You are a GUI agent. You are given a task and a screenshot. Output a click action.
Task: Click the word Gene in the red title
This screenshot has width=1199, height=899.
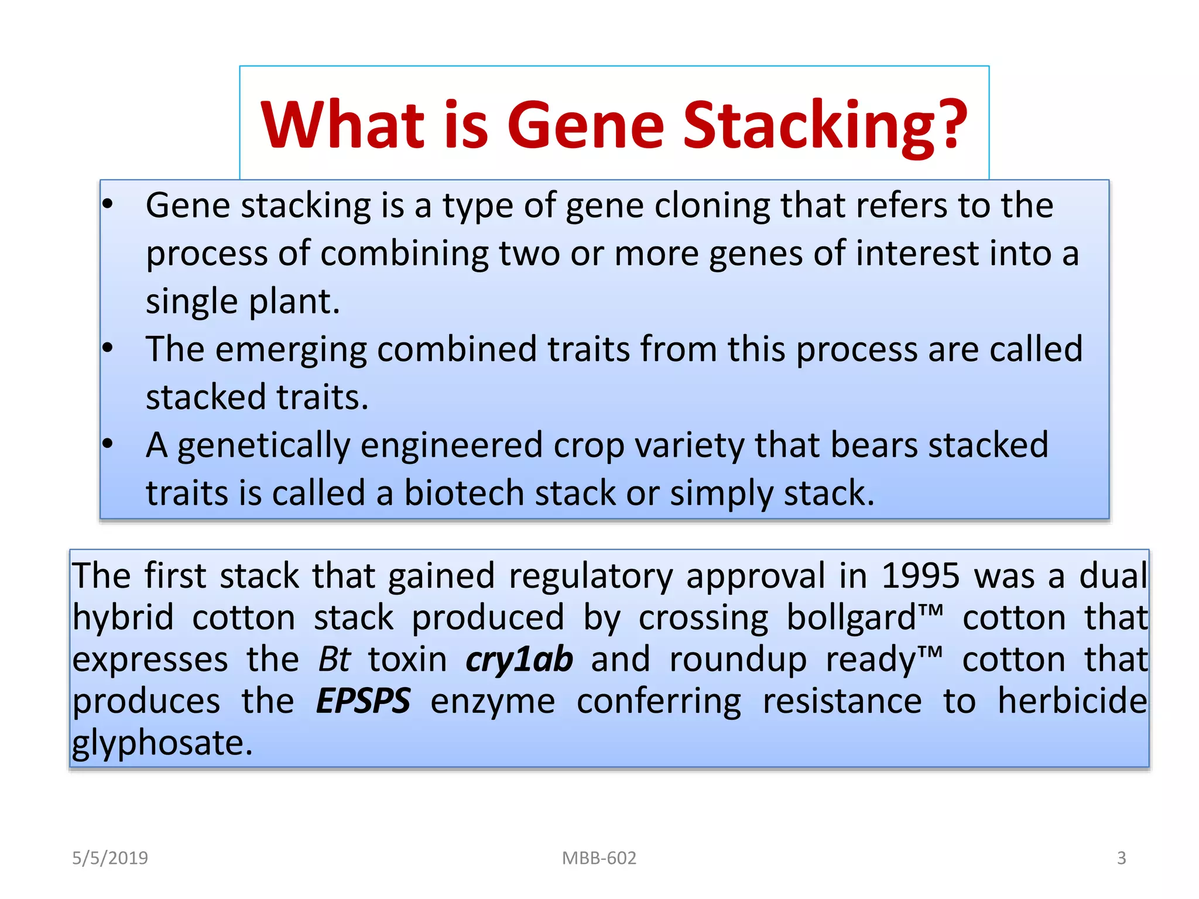pyautogui.click(x=585, y=124)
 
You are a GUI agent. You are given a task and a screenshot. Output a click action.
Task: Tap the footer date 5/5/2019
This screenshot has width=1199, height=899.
pyautogui.click(x=110, y=858)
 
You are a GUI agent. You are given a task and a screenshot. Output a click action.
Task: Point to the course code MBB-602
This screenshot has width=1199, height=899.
pyautogui.click(x=599, y=858)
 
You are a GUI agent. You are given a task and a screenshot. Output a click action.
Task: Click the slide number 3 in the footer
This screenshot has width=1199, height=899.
pyautogui.click(x=1121, y=858)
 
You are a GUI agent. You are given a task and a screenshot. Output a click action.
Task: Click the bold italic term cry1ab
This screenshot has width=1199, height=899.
pyautogui.click(x=519, y=660)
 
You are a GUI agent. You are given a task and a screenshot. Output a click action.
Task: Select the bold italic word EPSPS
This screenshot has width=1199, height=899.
pyautogui.click(x=363, y=701)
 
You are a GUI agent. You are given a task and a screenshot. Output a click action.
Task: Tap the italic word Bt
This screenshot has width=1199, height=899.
pyautogui.click(x=334, y=660)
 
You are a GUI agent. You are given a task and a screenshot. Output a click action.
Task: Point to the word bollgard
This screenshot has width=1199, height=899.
pyautogui.click(x=851, y=617)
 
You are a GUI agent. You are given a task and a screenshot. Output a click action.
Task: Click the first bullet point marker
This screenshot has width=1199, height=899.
pyautogui.click(x=107, y=204)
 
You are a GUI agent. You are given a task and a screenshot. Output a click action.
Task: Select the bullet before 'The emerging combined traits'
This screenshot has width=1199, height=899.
pyautogui.click(x=107, y=348)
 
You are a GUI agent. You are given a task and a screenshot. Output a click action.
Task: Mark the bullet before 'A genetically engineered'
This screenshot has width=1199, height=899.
pyautogui.click(x=107, y=444)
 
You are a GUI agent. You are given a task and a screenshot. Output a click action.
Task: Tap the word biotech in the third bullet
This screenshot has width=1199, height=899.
pyautogui.click(x=464, y=493)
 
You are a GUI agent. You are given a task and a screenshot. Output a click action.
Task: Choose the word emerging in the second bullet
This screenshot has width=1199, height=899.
pyautogui.click(x=290, y=349)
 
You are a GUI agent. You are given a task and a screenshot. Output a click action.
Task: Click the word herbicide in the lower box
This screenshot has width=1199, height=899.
pyautogui.click(x=1072, y=701)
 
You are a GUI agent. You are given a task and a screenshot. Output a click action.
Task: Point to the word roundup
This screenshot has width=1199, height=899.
pyautogui.click(x=738, y=660)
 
